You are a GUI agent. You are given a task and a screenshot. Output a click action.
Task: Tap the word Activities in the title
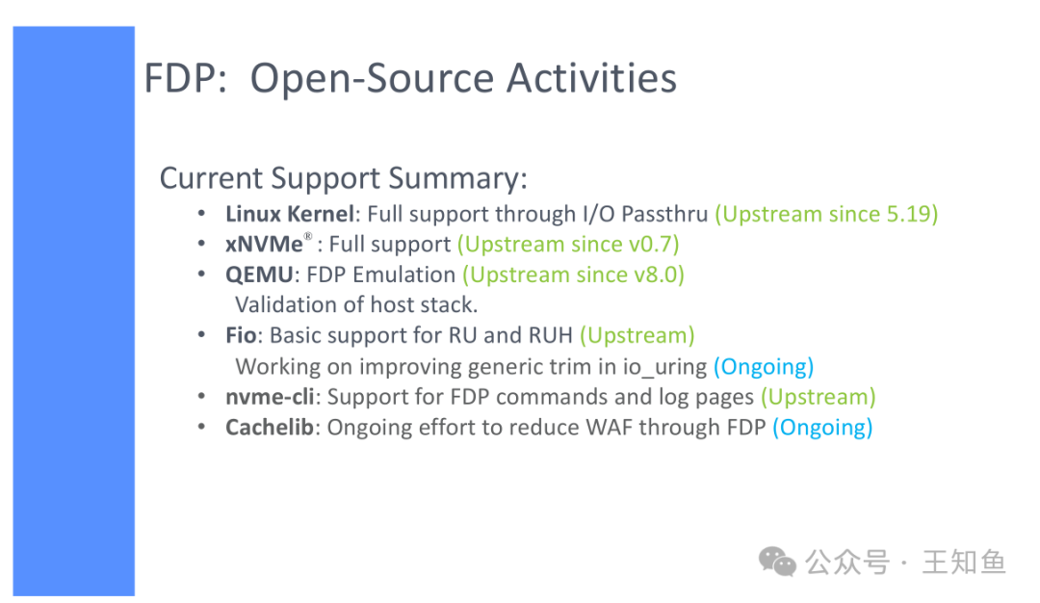(x=591, y=78)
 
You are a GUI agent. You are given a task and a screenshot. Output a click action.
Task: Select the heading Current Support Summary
(x=344, y=178)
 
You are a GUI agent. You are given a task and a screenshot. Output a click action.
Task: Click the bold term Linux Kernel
(x=290, y=214)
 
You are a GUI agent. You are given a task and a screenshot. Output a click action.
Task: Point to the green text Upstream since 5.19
(x=826, y=214)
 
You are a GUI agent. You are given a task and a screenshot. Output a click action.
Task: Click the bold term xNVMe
(x=264, y=244)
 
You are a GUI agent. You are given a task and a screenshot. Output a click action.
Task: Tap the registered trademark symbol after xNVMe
(x=308, y=236)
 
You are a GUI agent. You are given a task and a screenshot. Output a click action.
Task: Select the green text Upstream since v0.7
(x=568, y=244)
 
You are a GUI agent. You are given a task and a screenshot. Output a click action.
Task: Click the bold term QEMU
(x=259, y=275)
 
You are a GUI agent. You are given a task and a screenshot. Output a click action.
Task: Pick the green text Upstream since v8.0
(x=574, y=275)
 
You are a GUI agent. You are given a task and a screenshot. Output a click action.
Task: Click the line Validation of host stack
(x=357, y=304)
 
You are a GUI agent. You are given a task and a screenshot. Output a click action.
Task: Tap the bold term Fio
(x=241, y=335)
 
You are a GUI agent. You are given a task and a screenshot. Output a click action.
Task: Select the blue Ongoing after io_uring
(x=764, y=367)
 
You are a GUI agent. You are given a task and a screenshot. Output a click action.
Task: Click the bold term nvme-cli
(x=270, y=397)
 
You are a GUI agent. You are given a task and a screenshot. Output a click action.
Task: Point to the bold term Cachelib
(x=270, y=428)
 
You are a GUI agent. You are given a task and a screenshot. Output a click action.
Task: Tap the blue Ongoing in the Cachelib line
(x=822, y=428)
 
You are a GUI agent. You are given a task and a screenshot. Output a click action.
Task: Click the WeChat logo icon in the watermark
(x=777, y=562)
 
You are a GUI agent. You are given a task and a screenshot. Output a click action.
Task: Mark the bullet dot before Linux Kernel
(x=201, y=214)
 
